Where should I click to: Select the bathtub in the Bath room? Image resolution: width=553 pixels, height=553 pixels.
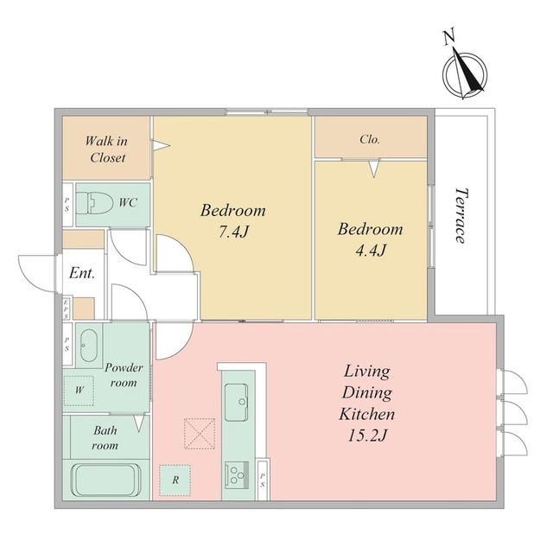coord(103,480)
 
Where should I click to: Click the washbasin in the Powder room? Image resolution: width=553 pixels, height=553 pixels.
coord(89,346)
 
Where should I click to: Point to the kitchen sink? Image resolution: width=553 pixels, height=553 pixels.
coord(236,402)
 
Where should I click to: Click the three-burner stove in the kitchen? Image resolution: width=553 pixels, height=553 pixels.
coord(237,474)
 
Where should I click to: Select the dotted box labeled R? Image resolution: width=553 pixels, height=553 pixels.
coord(175,480)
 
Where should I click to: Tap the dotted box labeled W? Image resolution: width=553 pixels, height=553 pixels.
coord(79,391)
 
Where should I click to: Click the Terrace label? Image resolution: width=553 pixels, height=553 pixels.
coord(461,215)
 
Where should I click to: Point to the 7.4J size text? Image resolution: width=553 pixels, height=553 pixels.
coord(233,232)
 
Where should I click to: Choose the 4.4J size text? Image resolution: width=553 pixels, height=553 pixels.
coord(371,251)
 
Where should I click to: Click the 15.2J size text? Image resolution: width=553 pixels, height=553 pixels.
coord(367,435)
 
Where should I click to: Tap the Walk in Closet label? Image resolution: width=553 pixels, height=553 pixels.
coord(106,149)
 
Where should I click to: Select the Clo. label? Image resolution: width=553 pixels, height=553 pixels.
coord(370,140)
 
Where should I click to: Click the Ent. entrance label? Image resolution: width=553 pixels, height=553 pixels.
coord(82,273)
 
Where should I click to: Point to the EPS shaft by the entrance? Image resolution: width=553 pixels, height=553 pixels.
coord(67,308)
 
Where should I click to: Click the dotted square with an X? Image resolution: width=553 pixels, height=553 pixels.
coord(200,434)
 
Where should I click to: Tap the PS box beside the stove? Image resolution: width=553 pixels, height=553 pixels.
coord(263,480)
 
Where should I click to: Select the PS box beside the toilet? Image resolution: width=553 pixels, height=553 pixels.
coord(67,205)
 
